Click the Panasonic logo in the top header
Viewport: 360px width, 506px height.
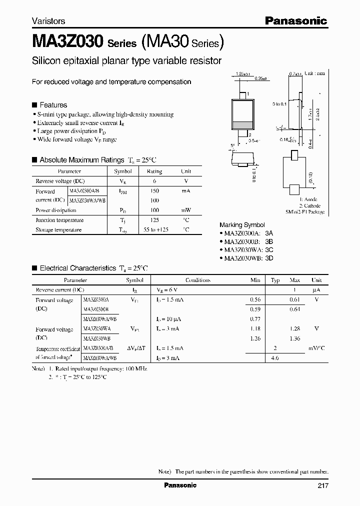pyautogui.click(x=296, y=20)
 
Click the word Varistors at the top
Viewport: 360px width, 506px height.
pyautogui.click(x=48, y=21)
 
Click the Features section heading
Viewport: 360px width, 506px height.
pyautogui.click(x=53, y=105)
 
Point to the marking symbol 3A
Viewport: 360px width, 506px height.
pyautogui.click(x=269, y=233)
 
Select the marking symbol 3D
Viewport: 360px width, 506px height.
pyautogui.click(x=269, y=258)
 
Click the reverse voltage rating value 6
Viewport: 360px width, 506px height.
pyautogui.click(x=154, y=181)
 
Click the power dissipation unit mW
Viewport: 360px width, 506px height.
pyautogui.click(x=185, y=210)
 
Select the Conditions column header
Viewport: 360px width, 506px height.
pyautogui.click(x=197, y=280)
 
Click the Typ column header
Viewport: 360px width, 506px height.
pyautogui.click(x=274, y=280)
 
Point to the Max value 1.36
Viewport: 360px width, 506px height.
pyautogui.click(x=294, y=339)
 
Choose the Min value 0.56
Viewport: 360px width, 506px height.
pyautogui.click(x=255, y=300)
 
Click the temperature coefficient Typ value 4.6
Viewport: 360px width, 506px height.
pyautogui.click(x=274, y=358)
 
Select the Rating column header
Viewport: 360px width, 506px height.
pyautogui.click(x=154, y=171)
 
